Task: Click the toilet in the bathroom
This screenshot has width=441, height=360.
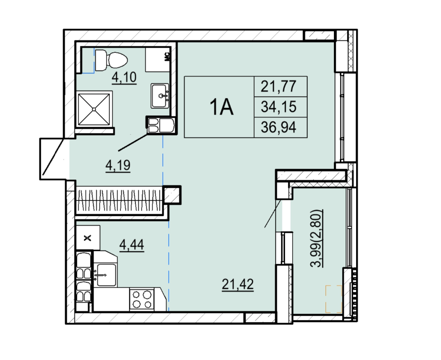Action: (111, 60)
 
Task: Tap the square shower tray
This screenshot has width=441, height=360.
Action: (94, 109)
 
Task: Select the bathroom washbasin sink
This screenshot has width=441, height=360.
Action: (160, 96)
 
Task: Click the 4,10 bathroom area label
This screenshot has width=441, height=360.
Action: (124, 77)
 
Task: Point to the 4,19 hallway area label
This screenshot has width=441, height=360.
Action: (118, 165)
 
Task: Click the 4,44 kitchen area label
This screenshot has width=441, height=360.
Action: (132, 245)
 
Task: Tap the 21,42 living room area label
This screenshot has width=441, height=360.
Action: (238, 284)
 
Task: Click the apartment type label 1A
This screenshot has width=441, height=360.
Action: (221, 107)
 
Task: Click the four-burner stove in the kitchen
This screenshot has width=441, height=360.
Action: (142, 299)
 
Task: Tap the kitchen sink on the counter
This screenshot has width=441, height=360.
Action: (106, 275)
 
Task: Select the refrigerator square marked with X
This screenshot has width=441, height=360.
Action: (88, 238)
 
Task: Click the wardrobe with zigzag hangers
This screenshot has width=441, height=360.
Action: (119, 201)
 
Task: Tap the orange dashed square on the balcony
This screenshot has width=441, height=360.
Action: (334, 299)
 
